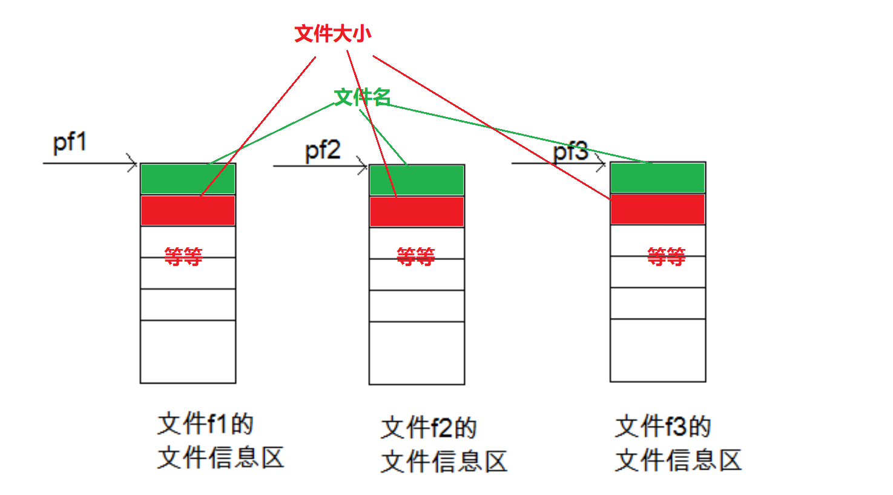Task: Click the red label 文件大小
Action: point(332,34)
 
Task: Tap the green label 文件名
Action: point(362,97)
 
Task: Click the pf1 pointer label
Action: point(70,143)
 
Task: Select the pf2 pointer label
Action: point(323,150)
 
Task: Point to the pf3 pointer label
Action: point(570,151)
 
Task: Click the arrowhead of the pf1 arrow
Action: point(133,163)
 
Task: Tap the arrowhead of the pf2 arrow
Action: point(363,165)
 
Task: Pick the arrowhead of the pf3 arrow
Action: point(601,163)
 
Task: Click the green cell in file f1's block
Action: point(188,179)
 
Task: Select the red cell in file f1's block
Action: point(188,210)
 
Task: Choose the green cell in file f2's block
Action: point(417,181)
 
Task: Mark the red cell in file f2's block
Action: point(417,211)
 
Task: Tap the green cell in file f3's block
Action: point(657,178)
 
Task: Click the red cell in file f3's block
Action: point(657,209)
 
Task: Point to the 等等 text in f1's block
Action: point(183,256)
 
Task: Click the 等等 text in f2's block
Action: point(415,257)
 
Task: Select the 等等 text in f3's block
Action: point(666,256)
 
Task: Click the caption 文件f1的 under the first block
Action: point(205,424)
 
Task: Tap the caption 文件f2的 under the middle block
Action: point(429,428)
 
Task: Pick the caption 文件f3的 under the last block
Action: point(663,427)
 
